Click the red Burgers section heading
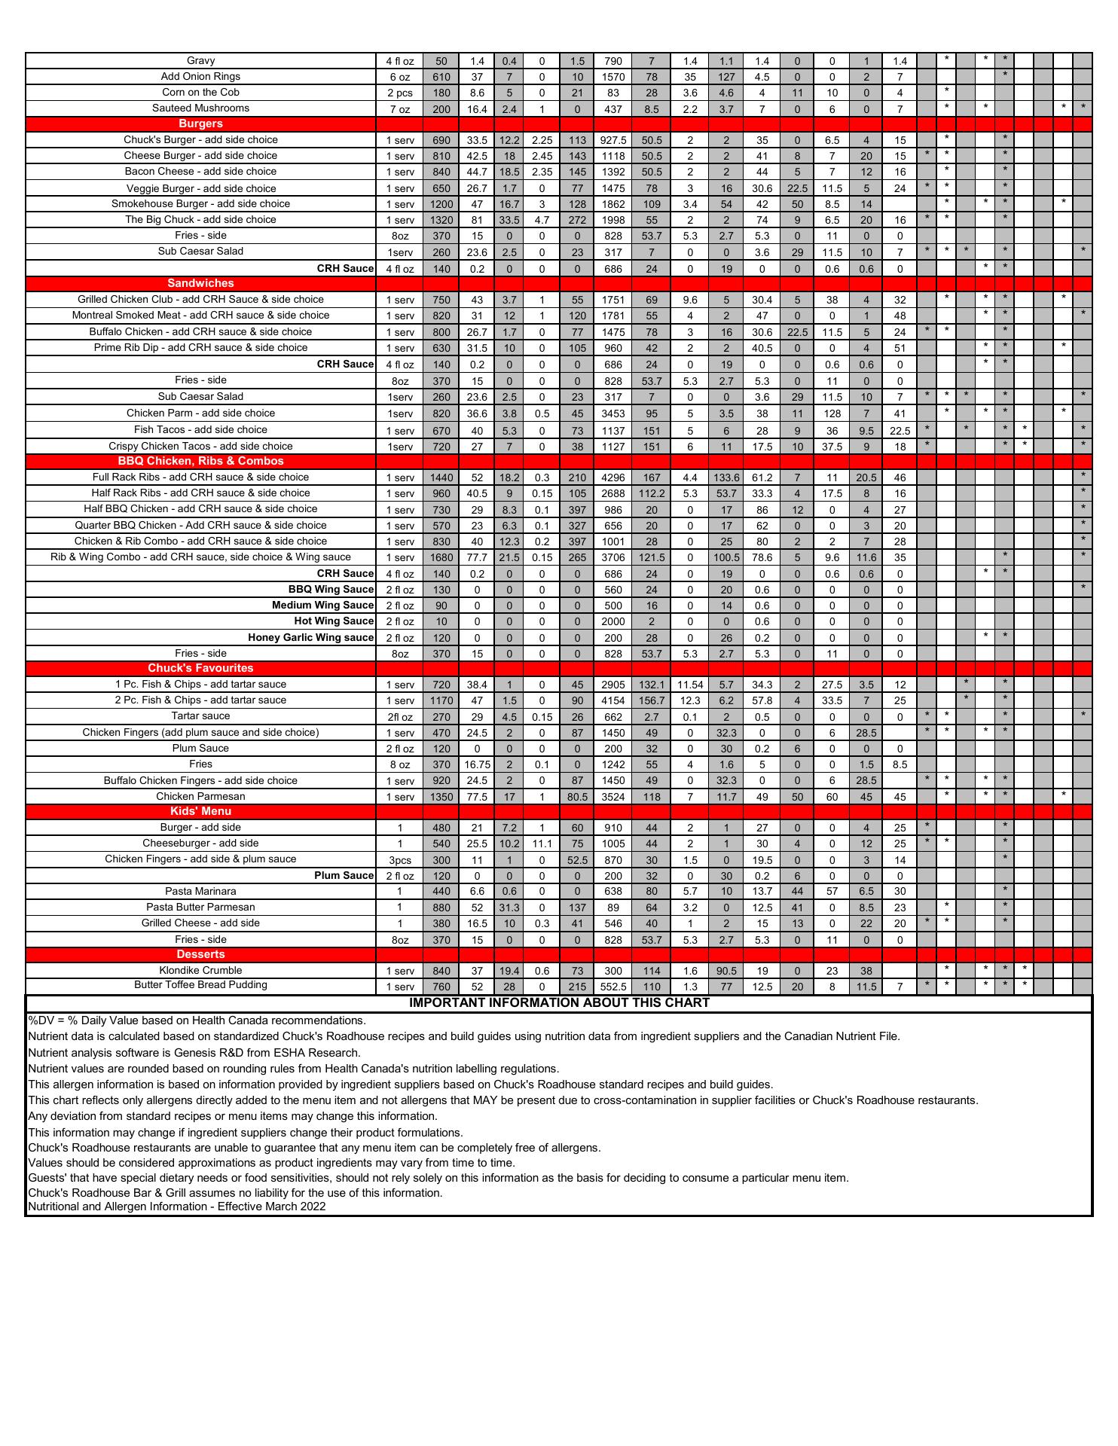[x=200, y=124]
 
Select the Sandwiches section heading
[x=200, y=283]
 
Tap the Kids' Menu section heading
[x=200, y=811]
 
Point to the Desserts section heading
[x=200, y=954]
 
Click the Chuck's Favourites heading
[x=200, y=668]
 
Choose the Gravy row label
[x=200, y=61]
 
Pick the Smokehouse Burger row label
[x=200, y=203]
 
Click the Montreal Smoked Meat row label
[x=200, y=315]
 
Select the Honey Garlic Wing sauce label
[x=310, y=637]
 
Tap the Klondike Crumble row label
[x=200, y=970]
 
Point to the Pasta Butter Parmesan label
[x=200, y=907]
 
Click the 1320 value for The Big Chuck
[x=441, y=220]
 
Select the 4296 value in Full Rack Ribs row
[x=613, y=477]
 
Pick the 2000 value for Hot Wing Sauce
[x=613, y=621]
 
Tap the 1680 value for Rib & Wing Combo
[x=441, y=557]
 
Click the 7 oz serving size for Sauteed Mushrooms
[x=400, y=109]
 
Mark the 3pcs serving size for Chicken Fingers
[x=400, y=860]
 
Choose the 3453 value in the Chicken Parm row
[x=613, y=413]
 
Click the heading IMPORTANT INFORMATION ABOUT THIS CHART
[x=559, y=1002]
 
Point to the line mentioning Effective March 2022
[x=177, y=1207]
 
